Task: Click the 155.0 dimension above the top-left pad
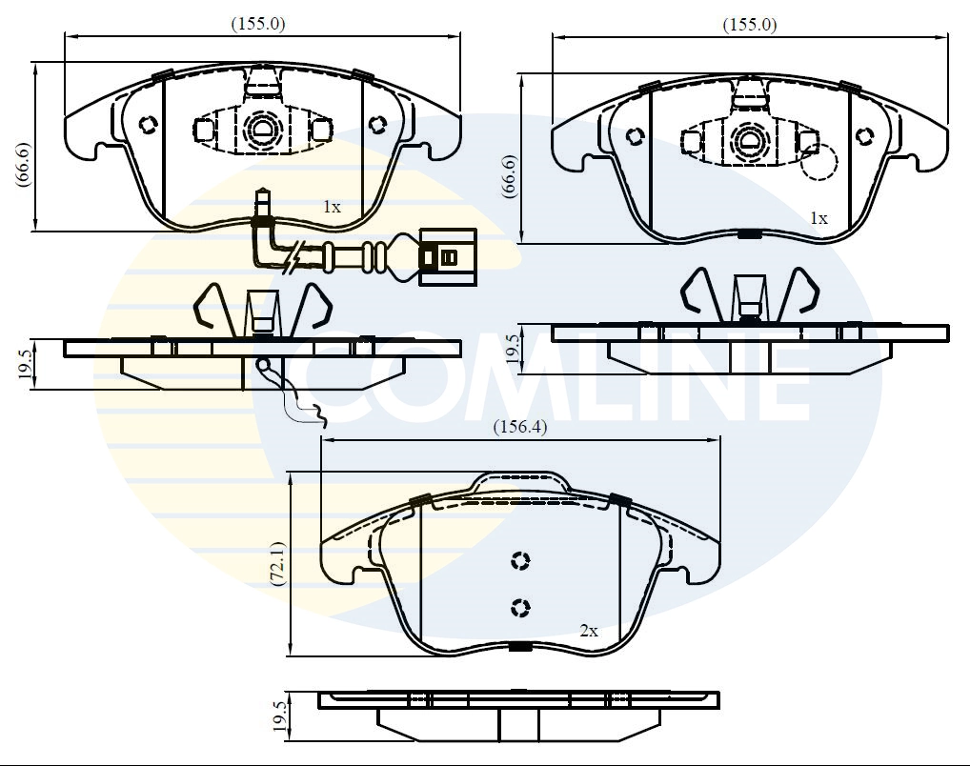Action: [258, 25]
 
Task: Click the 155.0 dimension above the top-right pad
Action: [749, 25]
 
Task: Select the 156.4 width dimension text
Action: [519, 428]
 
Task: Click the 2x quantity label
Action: [589, 631]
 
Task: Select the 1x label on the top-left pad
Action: [332, 206]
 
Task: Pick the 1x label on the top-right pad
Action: [818, 218]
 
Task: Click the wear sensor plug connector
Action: [445, 255]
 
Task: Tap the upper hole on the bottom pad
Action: [520, 561]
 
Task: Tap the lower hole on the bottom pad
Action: [520, 606]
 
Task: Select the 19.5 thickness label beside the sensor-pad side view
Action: [24, 364]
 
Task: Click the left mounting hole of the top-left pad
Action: [148, 124]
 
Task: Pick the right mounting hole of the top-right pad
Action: [864, 135]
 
